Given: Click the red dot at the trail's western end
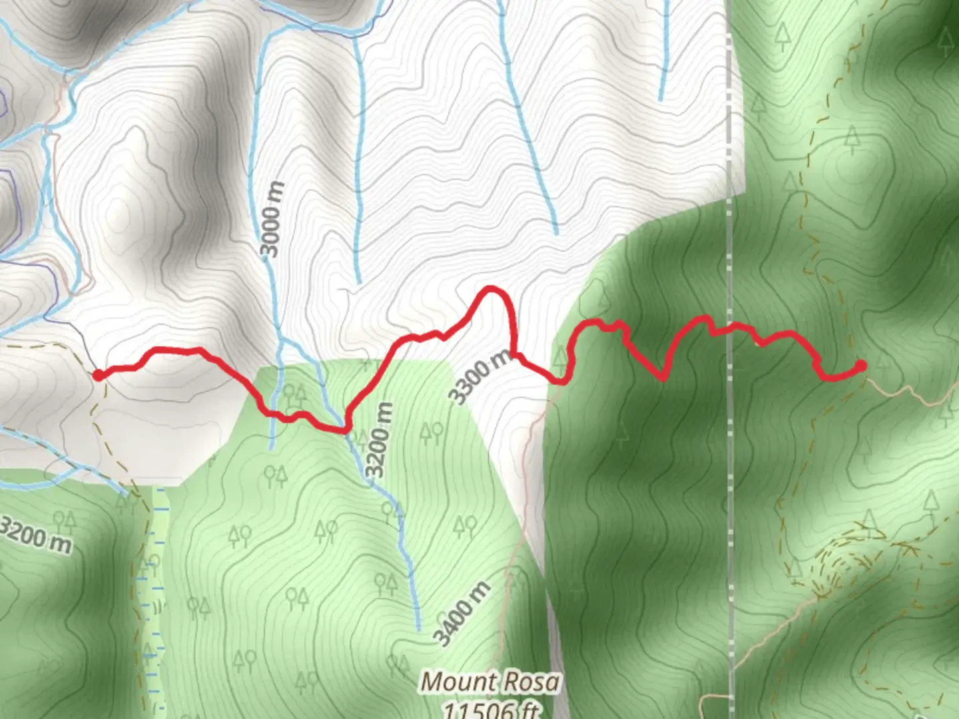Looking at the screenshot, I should tap(99, 375).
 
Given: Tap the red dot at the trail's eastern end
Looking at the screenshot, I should tap(861, 365).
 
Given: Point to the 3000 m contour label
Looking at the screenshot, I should tap(272, 219).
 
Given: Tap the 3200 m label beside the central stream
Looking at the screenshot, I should tap(378, 440).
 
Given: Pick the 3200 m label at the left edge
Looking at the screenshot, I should tap(35, 534).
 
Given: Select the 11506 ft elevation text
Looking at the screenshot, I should tap(491, 710).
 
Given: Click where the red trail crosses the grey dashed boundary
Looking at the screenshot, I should tap(730, 327).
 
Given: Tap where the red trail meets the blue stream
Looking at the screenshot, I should tap(344, 428).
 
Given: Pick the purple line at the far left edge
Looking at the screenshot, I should tap(4, 100).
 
